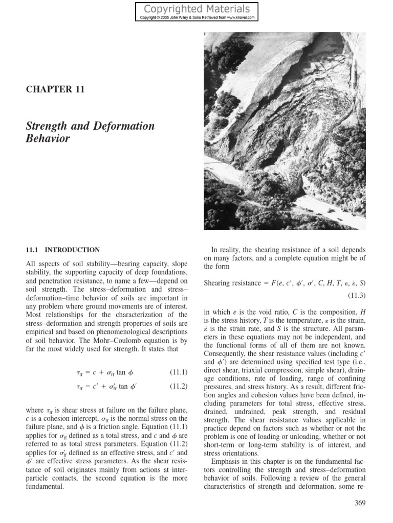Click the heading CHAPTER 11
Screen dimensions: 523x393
pos(55,89)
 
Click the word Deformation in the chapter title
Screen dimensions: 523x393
pos(123,126)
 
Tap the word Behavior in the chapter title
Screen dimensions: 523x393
pos(48,138)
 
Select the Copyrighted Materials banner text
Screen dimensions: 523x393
pos(197,9)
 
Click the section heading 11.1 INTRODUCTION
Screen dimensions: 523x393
pos(62,250)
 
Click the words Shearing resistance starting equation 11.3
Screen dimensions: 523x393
pos(232,283)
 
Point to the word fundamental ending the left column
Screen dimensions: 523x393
pos(45,487)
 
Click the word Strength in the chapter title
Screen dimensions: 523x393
pos(47,126)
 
